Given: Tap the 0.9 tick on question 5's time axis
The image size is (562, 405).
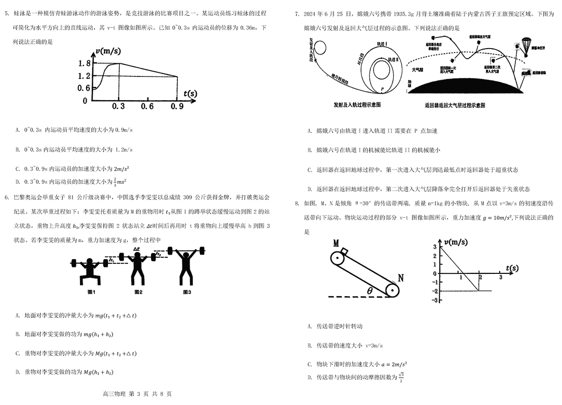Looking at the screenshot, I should tap(177, 106).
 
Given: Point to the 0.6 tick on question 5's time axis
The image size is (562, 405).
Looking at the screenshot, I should tap(147, 106).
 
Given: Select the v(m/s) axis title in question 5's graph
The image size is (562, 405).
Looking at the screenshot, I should tap(107, 51).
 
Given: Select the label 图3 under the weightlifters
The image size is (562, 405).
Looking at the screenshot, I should tap(187, 292).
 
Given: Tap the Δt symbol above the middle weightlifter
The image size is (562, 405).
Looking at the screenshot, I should tap(136, 249).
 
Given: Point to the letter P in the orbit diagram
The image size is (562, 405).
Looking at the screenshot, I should tap(383, 88).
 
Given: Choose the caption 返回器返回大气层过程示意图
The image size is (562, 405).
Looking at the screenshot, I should tap(455, 105).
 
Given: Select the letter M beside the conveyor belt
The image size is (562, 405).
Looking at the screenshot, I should tap(335, 244).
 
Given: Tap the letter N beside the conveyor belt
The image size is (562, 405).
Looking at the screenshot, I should tap(400, 277).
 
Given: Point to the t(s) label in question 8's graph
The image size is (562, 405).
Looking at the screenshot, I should tap(511, 268).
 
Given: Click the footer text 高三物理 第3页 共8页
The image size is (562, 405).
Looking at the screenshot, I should tap(137, 394).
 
